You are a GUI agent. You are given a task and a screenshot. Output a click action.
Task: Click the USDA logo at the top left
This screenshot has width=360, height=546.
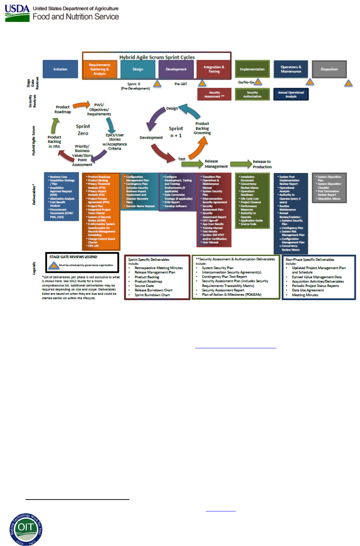tap(17, 13)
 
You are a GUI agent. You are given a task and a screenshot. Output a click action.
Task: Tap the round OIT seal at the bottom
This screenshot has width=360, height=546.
tap(26, 529)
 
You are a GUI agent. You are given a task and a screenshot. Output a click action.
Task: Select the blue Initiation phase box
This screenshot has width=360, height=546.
tap(60, 69)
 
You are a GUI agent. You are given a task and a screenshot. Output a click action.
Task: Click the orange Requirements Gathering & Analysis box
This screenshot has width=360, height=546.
tap(99, 70)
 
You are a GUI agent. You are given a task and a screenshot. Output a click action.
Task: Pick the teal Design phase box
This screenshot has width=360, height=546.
tap(138, 69)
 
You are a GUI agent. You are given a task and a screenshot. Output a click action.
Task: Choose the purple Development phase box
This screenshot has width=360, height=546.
tap(176, 69)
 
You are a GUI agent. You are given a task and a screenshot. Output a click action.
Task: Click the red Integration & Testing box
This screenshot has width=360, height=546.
tap(214, 69)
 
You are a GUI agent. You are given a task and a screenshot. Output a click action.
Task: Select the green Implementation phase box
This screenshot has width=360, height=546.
tap(252, 69)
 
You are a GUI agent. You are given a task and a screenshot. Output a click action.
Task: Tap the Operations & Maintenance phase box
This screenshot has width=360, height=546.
tap(291, 69)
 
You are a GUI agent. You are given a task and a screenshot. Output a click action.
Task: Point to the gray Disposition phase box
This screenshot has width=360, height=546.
tap(329, 69)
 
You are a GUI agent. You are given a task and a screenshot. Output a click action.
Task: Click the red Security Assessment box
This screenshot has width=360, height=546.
tap(214, 94)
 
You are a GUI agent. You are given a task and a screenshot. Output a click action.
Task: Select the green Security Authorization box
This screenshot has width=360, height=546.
tap(252, 94)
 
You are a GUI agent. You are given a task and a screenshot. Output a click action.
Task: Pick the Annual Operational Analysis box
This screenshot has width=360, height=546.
tap(291, 94)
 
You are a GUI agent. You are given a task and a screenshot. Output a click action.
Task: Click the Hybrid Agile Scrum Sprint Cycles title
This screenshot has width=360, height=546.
tap(157, 57)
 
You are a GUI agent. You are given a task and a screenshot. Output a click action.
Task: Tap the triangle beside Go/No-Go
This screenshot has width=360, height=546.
tap(258, 82)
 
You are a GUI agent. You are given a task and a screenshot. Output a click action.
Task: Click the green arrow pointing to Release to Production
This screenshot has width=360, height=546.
tap(241, 164)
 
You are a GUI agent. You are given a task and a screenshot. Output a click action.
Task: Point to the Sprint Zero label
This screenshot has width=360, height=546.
tap(83, 130)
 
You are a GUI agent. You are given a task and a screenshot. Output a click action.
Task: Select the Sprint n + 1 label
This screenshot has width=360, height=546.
tap(176, 132)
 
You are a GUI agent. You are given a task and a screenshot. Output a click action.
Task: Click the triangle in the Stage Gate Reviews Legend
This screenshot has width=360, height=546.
tap(54, 265)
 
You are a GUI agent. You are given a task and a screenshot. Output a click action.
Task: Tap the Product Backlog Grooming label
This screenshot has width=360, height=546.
tap(202, 128)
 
